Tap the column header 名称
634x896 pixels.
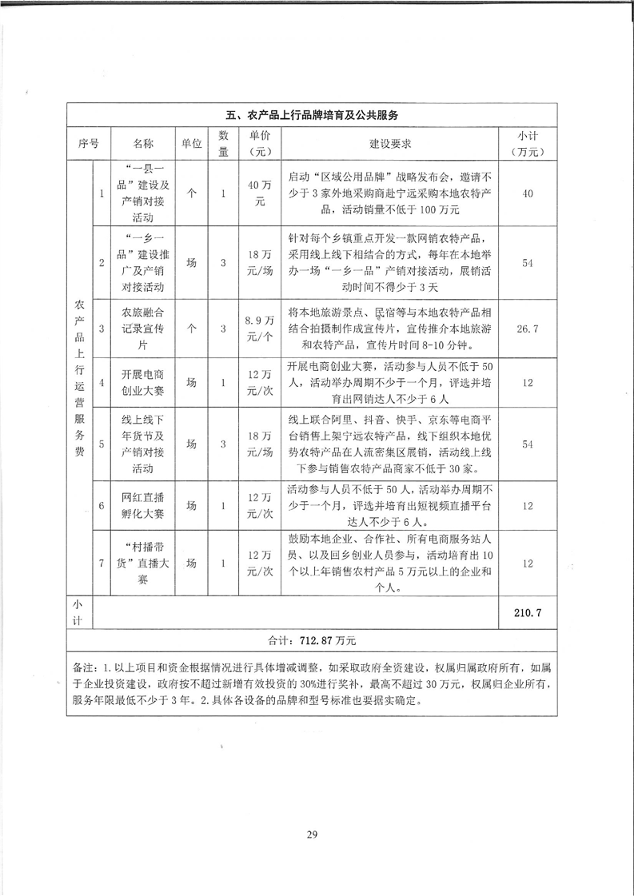143,144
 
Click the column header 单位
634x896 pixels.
190,144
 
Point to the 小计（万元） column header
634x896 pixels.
527,144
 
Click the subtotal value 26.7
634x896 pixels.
527,328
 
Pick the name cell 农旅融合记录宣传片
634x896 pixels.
143,328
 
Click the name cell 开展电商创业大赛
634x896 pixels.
143,382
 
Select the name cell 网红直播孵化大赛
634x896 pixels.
143,505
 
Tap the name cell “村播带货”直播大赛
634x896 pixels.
143,563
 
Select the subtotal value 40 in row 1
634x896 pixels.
527,193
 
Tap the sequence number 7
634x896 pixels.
102,563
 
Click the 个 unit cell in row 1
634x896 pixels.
190,193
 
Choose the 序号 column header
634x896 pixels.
89,144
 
